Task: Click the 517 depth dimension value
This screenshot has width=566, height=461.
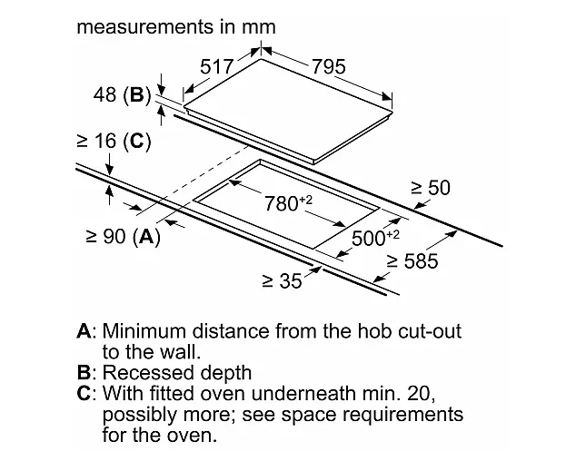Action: click(217, 66)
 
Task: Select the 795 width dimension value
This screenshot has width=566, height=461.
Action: click(329, 66)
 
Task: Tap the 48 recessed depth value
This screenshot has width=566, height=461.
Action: click(105, 94)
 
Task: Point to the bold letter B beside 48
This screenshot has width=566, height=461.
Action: click(137, 95)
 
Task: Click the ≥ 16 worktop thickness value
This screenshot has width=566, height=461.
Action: click(96, 141)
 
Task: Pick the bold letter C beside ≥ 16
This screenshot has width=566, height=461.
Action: click(137, 141)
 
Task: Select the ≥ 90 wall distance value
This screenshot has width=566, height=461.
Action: click(105, 236)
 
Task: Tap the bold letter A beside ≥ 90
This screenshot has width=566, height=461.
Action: click(146, 237)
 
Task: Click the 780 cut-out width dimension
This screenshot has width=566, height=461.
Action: click(288, 203)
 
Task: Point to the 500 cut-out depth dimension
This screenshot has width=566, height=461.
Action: click(375, 238)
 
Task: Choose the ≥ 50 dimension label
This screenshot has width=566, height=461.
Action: click(431, 188)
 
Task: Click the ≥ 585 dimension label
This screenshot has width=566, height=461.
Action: click(412, 261)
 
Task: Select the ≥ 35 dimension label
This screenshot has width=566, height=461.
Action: click(282, 281)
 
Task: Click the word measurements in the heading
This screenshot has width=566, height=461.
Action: click(145, 27)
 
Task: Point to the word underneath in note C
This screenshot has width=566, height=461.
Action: click(304, 393)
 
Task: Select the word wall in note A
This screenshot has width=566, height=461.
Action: click(180, 352)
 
